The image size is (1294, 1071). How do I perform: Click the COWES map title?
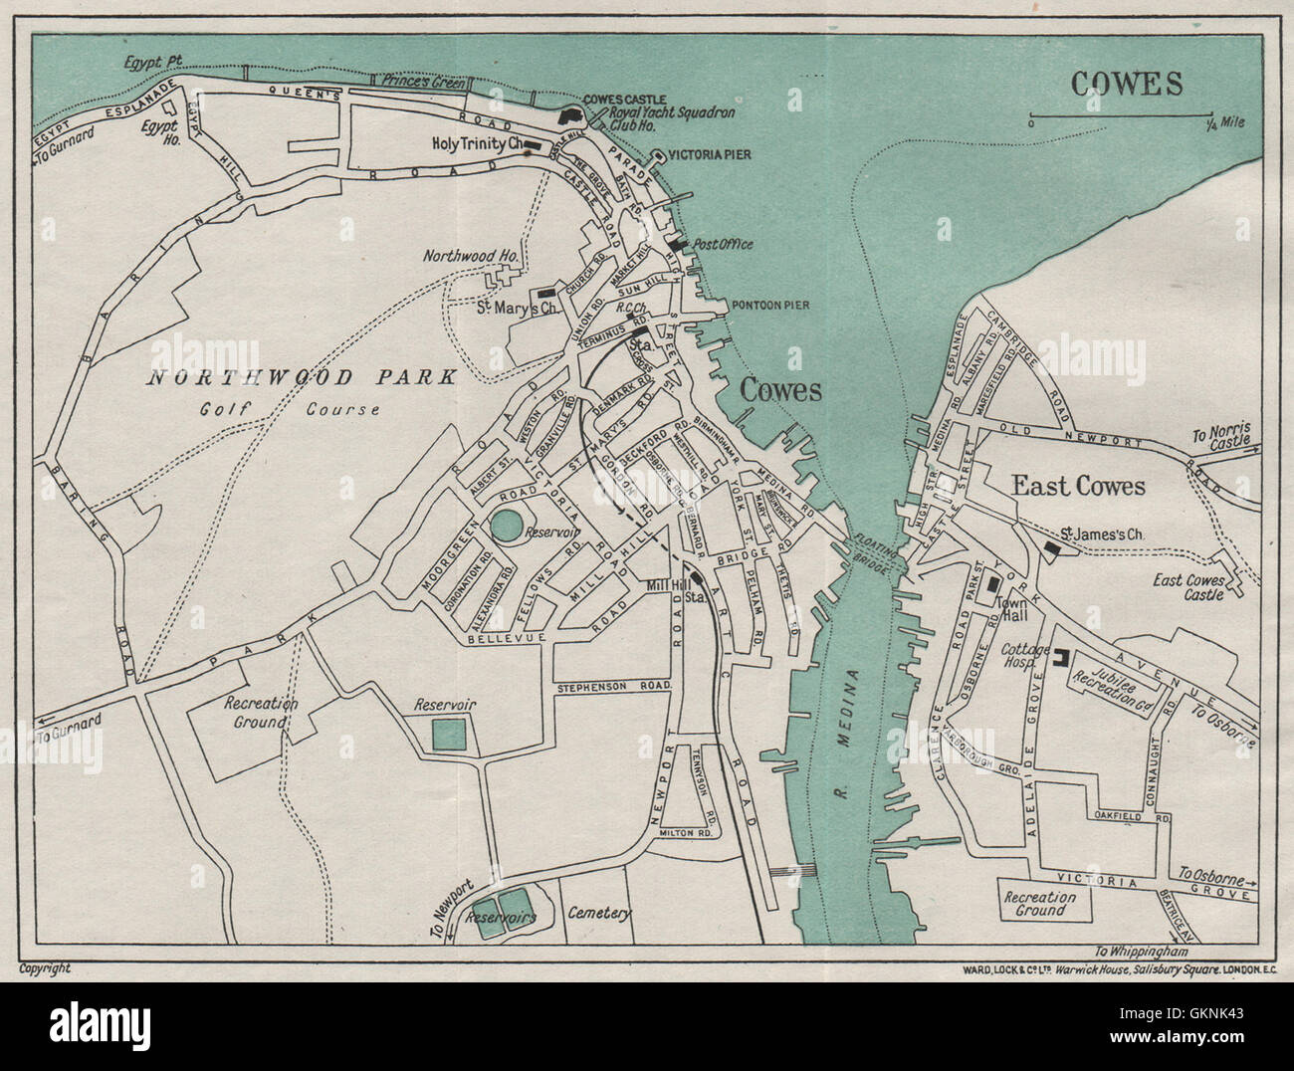[1127, 84]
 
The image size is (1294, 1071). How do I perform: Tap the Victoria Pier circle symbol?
[657, 155]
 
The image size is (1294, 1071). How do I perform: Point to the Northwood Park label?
[302, 377]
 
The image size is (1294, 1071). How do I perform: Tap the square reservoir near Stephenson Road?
[448, 735]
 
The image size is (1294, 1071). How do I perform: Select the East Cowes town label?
[1078, 486]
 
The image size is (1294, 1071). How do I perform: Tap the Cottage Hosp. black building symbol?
[1061, 656]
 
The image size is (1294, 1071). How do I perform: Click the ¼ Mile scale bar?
[1121, 113]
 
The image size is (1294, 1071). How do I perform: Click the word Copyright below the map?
[45, 966]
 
